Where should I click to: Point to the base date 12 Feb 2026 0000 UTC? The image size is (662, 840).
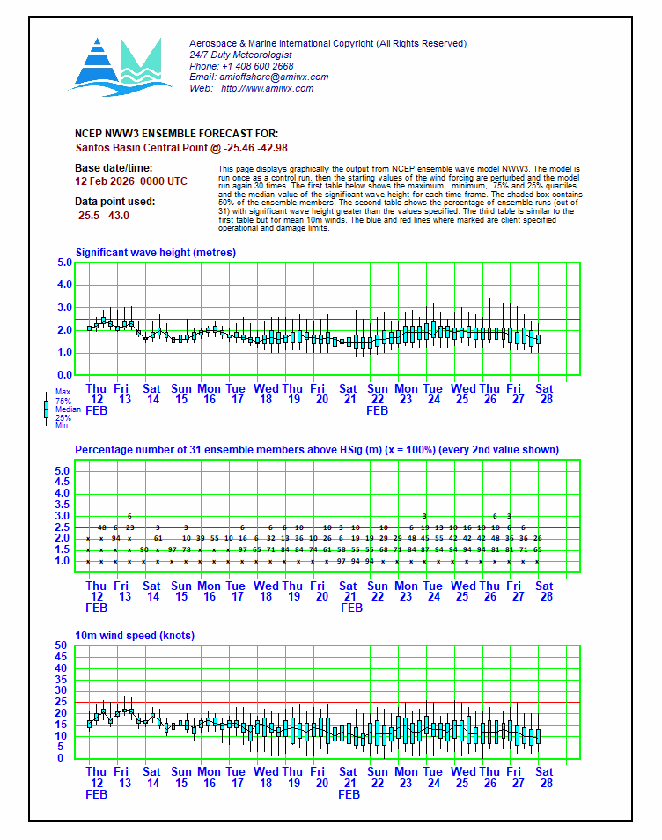131,181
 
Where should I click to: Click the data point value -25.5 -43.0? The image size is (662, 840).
102,216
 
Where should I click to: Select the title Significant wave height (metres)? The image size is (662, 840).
155,253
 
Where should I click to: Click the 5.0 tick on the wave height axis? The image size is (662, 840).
64,262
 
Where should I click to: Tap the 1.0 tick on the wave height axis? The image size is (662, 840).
64,353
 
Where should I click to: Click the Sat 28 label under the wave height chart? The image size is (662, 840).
545,394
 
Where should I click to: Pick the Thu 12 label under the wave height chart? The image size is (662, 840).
96,394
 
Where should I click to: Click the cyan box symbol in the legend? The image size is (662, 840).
47,409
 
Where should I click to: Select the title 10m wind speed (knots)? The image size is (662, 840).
135,636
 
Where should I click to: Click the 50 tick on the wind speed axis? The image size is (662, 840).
62,645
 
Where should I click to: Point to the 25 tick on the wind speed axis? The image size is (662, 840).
62,702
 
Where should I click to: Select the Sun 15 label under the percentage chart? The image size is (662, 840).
180,591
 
